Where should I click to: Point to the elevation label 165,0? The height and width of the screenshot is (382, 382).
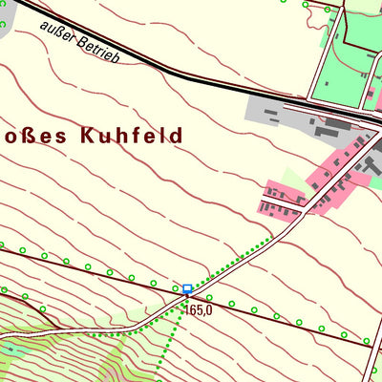click(x=199, y=309)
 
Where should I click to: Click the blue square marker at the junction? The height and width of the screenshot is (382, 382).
click(x=187, y=287)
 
